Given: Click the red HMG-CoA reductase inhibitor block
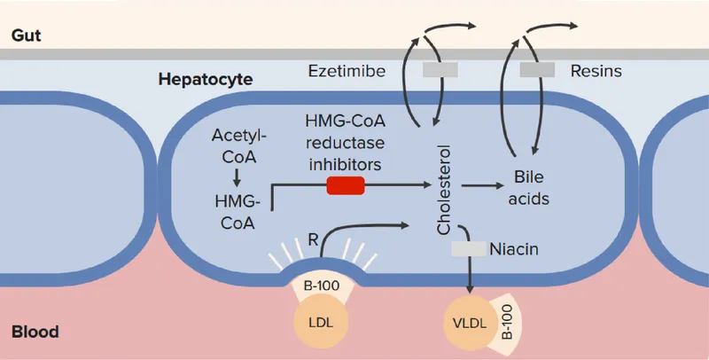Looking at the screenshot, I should (345, 185).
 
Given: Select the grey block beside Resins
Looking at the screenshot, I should (537, 69).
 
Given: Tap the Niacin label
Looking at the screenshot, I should (513, 249).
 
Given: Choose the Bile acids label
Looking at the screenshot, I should (532, 187).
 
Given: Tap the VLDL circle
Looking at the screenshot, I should (466, 320).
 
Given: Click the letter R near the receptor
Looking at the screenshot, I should (311, 239).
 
